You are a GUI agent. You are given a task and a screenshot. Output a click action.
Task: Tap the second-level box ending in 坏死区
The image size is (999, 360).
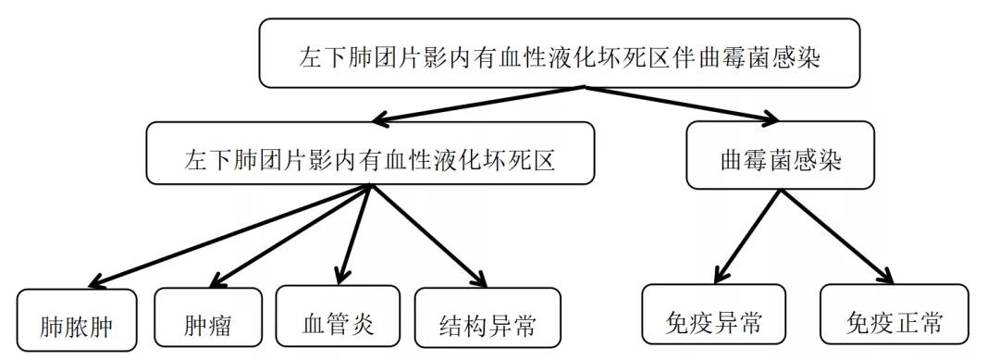[368, 155]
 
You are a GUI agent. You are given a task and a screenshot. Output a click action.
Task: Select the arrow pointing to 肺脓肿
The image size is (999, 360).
[231, 234]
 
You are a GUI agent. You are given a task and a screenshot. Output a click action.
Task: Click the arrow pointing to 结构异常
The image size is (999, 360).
[428, 234]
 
